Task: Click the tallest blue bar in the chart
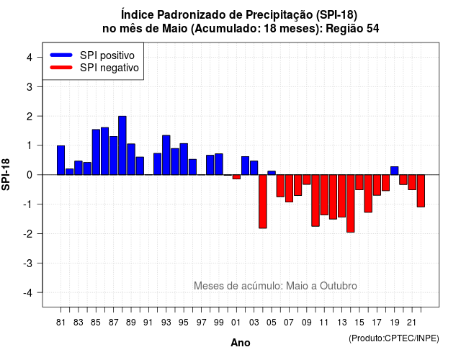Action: (x=122, y=145)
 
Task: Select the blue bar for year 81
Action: (x=61, y=160)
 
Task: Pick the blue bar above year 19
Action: (x=395, y=171)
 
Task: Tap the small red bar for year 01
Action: (x=236, y=177)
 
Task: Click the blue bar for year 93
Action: (x=166, y=156)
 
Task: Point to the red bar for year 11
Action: (x=324, y=195)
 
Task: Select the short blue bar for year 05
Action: (x=272, y=173)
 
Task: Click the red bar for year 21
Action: (x=412, y=182)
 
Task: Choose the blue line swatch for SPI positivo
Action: (x=61, y=55)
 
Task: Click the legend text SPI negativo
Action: (x=109, y=68)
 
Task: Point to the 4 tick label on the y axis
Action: (x=30, y=58)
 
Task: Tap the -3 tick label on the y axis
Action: (x=28, y=264)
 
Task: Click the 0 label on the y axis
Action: (x=30, y=175)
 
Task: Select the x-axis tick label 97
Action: (x=202, y=323)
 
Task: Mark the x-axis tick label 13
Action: (x=342, y=323)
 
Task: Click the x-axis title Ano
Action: (x=241, y=343)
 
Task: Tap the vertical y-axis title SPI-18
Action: (x=6, y=174)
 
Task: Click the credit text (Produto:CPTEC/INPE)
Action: (x=394, y=338)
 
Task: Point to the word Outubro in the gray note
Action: (x=339, y=286)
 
